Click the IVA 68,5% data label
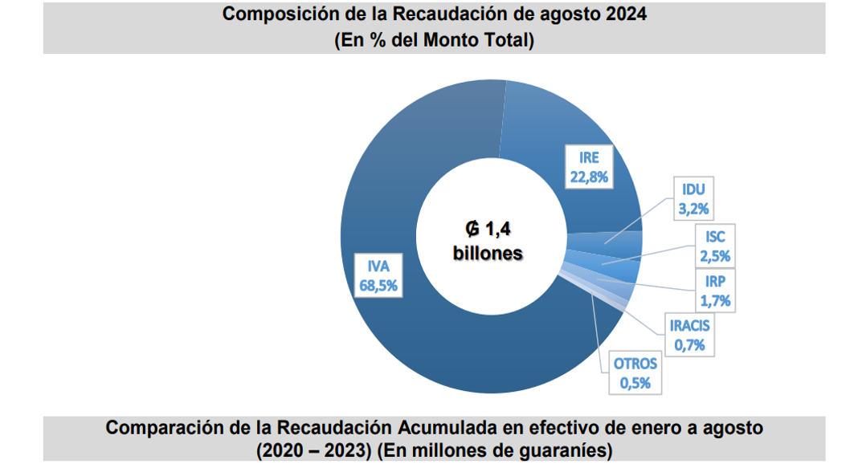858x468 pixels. tap(378, 275)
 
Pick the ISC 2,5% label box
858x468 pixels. tap(715, 246)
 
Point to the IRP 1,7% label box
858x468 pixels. tap(715, 291)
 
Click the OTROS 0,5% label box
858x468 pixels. tap(635, 372)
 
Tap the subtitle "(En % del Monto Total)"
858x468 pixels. tap(434, 40)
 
